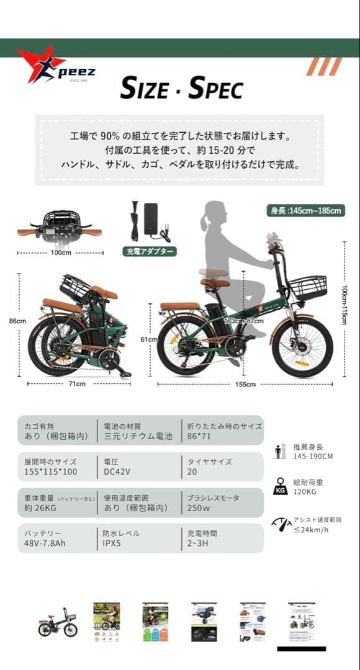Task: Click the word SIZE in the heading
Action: pyautogui.click(x=143, y=89)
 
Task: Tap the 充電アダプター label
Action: pyautogui.click(x=149, y=251)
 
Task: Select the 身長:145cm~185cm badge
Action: pyautogui.click(x=306, y=210)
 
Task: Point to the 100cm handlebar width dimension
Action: pyautogui.click(x=61, y=253)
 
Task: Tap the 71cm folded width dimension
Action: pyautogui.click(x=76, y=384)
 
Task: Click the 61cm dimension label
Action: pyautogui.click(x=149, y=339)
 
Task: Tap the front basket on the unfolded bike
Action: pyautogui.click(x=307, y=287)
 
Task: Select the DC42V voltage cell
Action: pyautogui.click(x=117, y=471)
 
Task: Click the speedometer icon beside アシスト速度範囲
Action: pyautogui.click(x=281, y=524)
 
